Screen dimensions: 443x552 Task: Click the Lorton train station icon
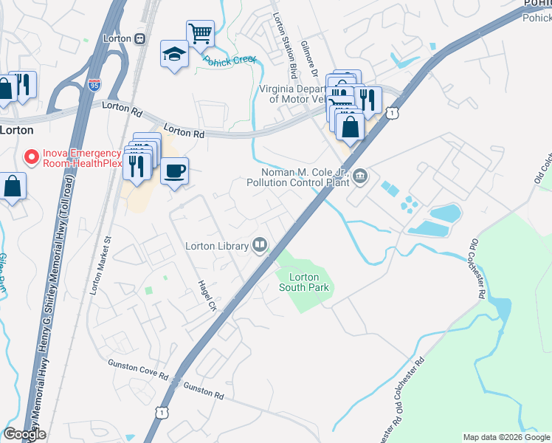click(140, 38)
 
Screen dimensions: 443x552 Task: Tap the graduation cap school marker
click(174, 54)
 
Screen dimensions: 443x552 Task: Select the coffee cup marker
click(174, 172)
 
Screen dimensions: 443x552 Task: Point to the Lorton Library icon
click(260, 244)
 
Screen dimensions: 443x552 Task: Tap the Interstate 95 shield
click(93, 85)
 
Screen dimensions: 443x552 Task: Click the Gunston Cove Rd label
click(138, 368)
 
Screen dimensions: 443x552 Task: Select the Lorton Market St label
click(100, 266)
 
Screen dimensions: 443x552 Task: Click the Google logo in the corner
click(24, 434)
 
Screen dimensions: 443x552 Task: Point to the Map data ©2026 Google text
click(506, 437)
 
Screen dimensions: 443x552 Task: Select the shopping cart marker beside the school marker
click(200, 33)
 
